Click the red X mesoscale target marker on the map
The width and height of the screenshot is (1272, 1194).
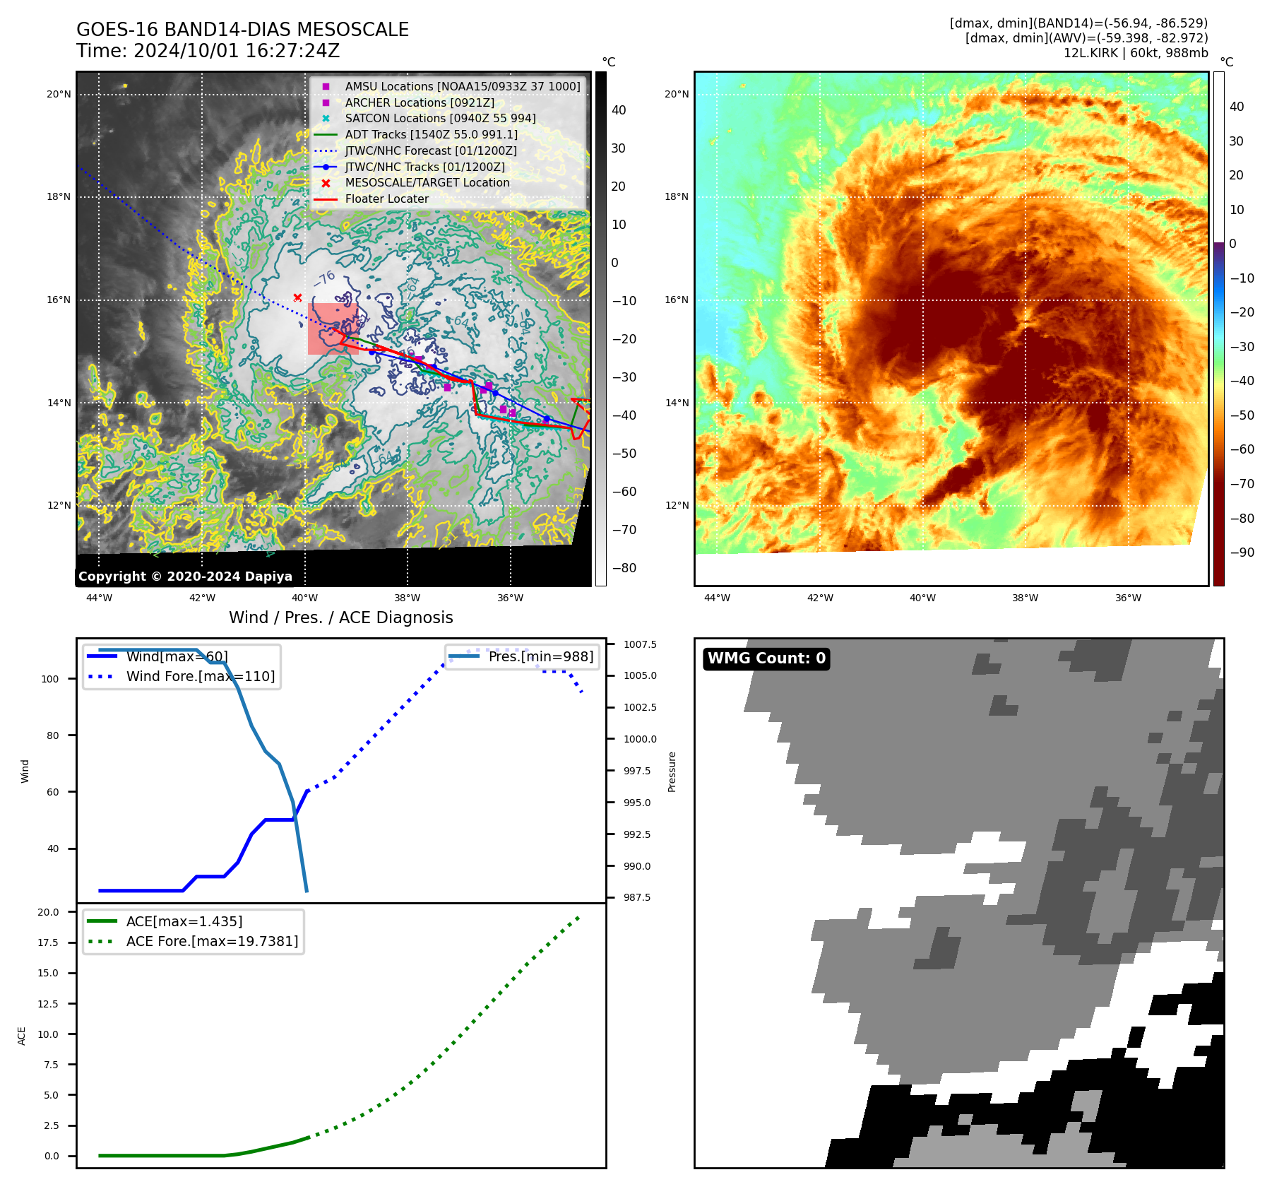(x=297, y=297)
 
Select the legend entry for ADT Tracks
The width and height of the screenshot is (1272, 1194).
(x=431, y=134)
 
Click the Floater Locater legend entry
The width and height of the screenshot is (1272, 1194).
(x=386, y=199)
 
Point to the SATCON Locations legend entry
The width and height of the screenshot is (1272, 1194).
(x=440, y=118)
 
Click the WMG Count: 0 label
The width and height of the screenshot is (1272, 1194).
(x=766, y=658)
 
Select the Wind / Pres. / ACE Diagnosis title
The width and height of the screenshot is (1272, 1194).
(x=340, y=617)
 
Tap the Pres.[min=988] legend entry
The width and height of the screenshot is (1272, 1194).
(x=540, y=656)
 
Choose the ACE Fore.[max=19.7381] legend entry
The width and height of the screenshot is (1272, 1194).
(x=212, y=941)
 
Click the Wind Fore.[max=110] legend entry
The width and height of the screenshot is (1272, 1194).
(x=200, y=676)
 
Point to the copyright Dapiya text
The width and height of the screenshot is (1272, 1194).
(x=185, y=577)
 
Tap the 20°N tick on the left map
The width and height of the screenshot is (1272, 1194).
(x=59, y=94)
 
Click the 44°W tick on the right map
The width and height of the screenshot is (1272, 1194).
(x=717, y=598)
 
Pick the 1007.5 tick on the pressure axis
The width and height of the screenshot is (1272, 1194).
(x=640, y=644)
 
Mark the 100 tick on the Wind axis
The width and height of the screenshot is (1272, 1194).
(x=50, y=679)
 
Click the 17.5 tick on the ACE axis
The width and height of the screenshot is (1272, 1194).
(x=48, y=942)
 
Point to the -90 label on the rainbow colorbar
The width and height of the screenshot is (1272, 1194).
(x=1242, y=552)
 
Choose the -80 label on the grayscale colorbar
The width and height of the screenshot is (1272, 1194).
(x=624, y=568)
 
